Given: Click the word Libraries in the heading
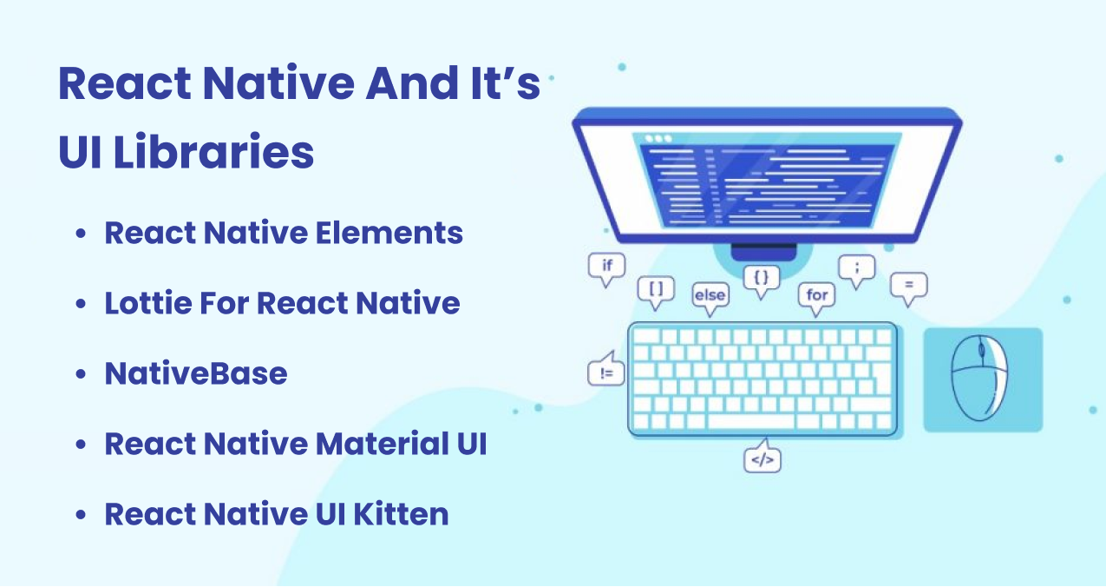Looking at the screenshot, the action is point(213,151).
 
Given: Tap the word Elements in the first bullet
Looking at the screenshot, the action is point(389,233).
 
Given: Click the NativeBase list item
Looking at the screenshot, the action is point(196,373).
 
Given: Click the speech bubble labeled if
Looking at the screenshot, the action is point(607,267).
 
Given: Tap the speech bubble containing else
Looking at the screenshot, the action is point(710,297).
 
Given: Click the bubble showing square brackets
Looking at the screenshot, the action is point(656,291).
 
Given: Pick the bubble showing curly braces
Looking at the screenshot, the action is point(762,280).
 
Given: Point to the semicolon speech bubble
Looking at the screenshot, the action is point(857,270).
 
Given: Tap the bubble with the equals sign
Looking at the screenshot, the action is point(909,287).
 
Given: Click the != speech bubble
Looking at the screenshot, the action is point(605,371).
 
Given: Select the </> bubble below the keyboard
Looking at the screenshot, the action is point(762,458).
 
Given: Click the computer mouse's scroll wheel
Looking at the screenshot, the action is point(982,350).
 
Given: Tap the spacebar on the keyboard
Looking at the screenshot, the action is point(751,421).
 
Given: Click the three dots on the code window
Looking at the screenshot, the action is point(658,139).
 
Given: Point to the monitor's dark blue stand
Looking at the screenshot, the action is point(763,252).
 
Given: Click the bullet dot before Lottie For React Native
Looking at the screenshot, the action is point(81,303).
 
